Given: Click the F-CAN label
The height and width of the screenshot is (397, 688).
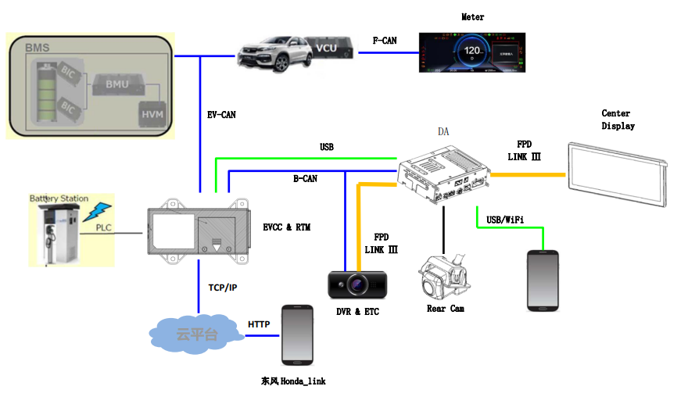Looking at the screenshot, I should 385,40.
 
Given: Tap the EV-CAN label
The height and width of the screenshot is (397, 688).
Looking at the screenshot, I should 221,115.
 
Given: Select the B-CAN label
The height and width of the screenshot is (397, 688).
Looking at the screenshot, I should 305,179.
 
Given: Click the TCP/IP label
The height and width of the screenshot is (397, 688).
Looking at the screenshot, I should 223,288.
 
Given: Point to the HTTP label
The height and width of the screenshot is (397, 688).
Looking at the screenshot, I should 258,324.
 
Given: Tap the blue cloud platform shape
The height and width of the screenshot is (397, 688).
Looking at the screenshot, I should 196,334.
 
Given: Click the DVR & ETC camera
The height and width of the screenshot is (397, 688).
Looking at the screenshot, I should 357,284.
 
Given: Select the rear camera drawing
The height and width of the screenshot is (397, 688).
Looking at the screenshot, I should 443,276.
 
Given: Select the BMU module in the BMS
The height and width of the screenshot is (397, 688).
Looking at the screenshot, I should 117,83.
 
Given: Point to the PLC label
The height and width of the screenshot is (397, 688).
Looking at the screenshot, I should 104,227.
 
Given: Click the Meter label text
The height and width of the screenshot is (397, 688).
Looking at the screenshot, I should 473,17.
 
